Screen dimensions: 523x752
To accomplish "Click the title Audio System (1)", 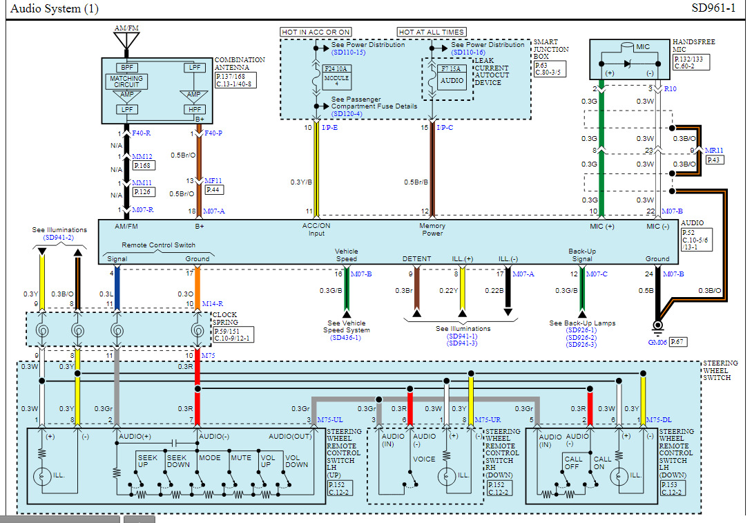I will [x=54, y=9].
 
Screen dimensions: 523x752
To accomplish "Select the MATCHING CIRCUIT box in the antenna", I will [x=127, y=81].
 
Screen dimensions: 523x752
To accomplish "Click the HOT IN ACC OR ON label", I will [x=316, y=32].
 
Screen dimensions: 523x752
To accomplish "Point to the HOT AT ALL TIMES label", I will [x=431, y=32].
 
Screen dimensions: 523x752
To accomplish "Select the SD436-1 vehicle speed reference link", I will [x=346, y=338].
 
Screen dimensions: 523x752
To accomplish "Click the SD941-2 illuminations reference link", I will [x=59, y=237].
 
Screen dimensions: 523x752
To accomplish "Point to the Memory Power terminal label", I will [x=432, y=229].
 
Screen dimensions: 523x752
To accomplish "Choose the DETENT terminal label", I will [x=416, y=259].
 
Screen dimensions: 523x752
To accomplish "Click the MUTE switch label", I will [x=241, y=458].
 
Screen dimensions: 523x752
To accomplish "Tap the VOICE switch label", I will [x=424, y=458].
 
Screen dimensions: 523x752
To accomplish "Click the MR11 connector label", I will [x=714, y=150].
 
